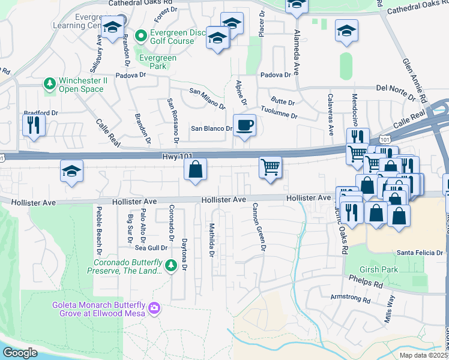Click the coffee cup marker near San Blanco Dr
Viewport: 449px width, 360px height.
[x=244, y=126]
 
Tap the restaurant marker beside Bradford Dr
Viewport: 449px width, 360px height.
[x=33, y=125]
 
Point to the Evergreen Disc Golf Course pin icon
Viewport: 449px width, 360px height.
[x=142, y=36]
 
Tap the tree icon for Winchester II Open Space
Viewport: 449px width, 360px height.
[x=50, y=85]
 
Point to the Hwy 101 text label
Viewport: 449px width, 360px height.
[x=178, y=156]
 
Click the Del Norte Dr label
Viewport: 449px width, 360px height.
[x=396, y=88]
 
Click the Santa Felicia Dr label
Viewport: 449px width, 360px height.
[x=419, y=253]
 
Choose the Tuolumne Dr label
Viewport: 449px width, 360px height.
[x=277, y=114]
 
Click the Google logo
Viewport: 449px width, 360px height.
[x=20, y=353]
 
